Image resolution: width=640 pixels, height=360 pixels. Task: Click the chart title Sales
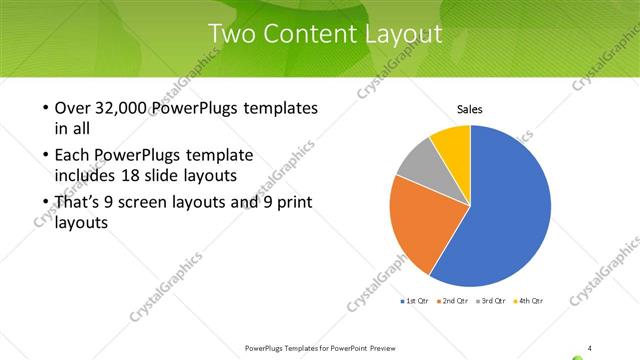(470, 109)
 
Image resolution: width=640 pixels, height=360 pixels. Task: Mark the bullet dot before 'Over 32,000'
(47, 108)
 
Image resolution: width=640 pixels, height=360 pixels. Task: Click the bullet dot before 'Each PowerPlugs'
(47, 155)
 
